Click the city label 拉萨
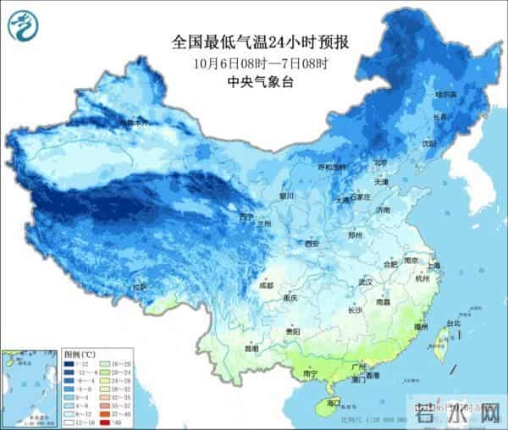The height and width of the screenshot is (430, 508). pos(139,288)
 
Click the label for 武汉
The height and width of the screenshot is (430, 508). pos(366,282)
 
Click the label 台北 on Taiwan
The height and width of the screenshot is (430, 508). pos(453,323)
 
